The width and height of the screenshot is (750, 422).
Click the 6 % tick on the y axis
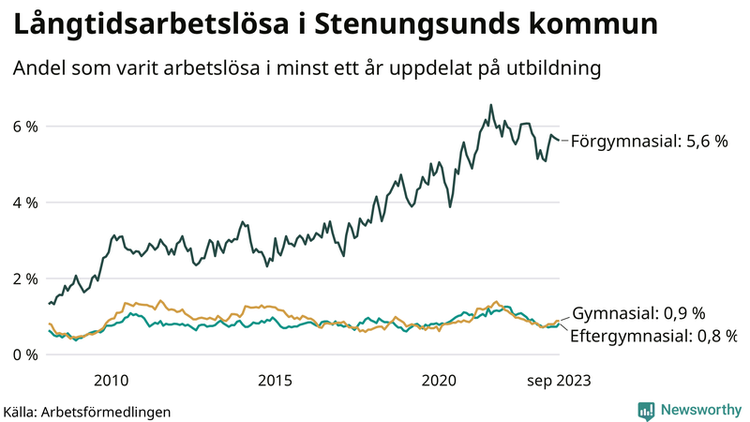click(24, 127)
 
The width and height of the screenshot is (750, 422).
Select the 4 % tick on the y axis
click(24, 203)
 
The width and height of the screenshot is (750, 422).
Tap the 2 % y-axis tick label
click(24, 279)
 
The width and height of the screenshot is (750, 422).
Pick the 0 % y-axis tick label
click(24, 354)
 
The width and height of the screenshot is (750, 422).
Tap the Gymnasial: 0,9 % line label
click(637, 313)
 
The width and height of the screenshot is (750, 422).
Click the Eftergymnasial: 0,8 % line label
click(653, 335)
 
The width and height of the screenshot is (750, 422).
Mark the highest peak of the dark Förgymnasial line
click(490, 105)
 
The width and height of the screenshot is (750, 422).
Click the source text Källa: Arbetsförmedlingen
click(87, 411)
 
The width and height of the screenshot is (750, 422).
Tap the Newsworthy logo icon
click(646, 410)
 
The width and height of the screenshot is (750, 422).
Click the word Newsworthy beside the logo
click(698, 410)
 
